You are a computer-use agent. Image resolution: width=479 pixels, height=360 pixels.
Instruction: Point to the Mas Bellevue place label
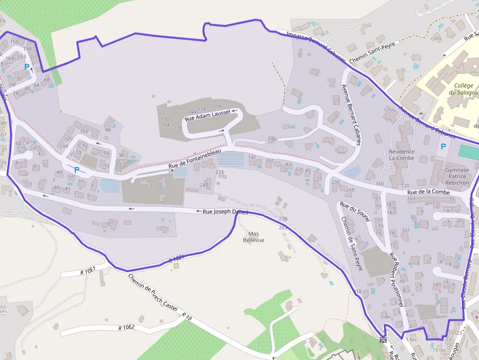(253, 236)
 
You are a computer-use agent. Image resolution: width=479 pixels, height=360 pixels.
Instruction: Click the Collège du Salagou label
(463, 89)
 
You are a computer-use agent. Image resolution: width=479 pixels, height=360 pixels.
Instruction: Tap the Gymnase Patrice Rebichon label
(457, 176)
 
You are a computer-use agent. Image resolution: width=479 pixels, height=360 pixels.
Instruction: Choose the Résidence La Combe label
(402, 155)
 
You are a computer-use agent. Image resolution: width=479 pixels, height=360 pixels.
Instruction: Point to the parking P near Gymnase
(443, 146)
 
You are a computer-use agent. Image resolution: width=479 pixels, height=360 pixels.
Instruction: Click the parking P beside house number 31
(77, 170)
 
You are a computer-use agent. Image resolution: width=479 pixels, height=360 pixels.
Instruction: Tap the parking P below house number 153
(27, 67)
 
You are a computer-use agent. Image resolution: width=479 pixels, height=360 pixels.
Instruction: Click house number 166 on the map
(272, 139)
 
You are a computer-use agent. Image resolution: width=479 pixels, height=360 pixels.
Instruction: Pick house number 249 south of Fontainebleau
(204, 185)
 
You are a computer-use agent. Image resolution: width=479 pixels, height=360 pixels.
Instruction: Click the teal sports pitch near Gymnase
(469, 151)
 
